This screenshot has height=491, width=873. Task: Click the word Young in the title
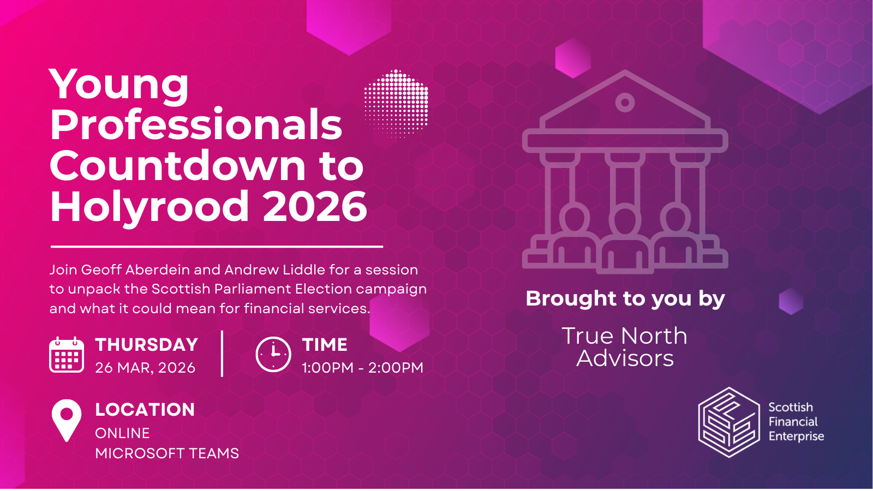(x=119, y=86)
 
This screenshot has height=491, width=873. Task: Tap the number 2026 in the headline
(x=315, y=207)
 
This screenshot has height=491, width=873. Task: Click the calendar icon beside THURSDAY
(x=67, y=355)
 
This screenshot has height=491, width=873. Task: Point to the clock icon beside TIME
(x=273, y=355)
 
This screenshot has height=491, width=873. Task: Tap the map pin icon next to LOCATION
(x=67, y=419)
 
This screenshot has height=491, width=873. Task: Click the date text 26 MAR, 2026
(x=145, y=368)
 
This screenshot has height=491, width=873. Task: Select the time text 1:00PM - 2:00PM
(x=362, y=368)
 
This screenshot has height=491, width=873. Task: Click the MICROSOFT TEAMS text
(x=167, y=453)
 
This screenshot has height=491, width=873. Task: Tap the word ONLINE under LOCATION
(x=122, y=433)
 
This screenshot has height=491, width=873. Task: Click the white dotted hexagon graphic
(x=396, y=103)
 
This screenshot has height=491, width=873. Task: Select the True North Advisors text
(x=625, y=347)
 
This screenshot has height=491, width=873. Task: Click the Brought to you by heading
(x=625, y=298)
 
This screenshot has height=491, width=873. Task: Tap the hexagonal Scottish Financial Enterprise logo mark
(x=729, y=422)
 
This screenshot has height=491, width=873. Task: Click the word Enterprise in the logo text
(x=796, y=436)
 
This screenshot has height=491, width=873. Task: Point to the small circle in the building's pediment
(x=625, y=102)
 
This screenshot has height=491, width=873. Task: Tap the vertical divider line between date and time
(x=222, y=354)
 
